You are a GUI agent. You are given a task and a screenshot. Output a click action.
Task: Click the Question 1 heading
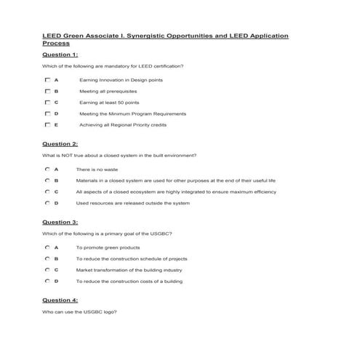pyautogui.click(x=60, y=55)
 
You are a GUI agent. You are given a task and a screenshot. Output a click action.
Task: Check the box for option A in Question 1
pyautogui.click(x=47, y=79)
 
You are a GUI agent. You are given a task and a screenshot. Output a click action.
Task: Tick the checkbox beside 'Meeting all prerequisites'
pyautogui.click(x=47, y=91)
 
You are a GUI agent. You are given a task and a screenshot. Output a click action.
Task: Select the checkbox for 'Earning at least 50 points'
pyautogui.click(x=47, y=103)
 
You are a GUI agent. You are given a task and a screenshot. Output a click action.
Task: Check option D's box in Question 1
pyautogui.click(x=47, y=113)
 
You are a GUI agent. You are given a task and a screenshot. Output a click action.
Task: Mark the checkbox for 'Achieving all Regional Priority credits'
pyautogui.click(x=47, y=125)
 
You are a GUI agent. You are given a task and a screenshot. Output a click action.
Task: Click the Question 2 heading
pyautogui.click(x=60, y=144)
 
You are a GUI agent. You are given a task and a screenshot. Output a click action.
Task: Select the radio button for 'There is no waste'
pyautogui.click(x=47, y=169)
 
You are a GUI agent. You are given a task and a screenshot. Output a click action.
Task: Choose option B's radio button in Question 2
pyautogui.click(x=47, y=180)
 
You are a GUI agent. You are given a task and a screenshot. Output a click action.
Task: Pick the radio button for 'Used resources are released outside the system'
pyautogui.click(x=47, y=203)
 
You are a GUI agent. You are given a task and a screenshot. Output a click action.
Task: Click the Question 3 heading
pyautogui.click(x=60, y=222)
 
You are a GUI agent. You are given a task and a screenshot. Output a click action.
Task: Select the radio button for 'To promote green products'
pyautogui.click(x=47, y=247)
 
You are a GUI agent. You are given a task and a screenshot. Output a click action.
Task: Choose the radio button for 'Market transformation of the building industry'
pyautogui.click(x=47, y=269)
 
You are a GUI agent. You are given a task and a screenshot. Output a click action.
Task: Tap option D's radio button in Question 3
pyautogui.click(x=47, y=281)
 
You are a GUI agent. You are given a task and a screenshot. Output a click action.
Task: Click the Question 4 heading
pyautogui.click(x=60, y=300)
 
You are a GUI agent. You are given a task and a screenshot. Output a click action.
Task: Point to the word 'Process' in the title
pyautogui.click(x=56, y=43)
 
